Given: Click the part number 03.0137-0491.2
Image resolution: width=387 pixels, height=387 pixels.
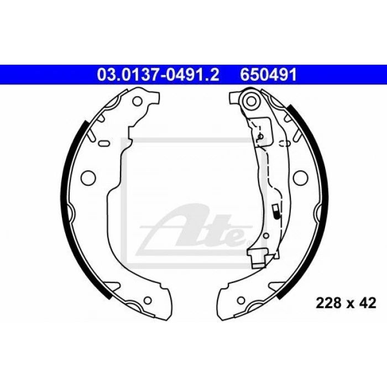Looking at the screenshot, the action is (158, 75).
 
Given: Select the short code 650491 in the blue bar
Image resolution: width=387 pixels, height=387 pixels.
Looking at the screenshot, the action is (268, 75).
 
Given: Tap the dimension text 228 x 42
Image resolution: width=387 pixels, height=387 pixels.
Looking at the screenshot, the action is (346, 303).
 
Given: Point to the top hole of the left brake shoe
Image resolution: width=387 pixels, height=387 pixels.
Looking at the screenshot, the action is (137, 101).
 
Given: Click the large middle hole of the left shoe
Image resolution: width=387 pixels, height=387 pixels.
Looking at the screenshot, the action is (88, 177).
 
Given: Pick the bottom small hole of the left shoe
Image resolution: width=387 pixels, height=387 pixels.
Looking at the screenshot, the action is (148, 300).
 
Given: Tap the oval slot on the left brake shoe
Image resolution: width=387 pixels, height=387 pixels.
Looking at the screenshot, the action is (104, 143).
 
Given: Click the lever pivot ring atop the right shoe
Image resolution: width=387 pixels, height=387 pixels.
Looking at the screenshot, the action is (251, 101).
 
